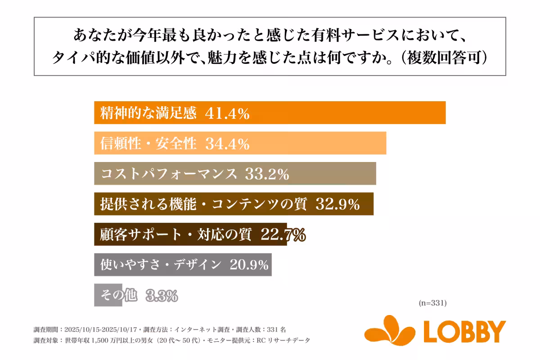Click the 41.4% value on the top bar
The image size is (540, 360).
point(227,113)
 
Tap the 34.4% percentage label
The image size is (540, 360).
point(227,144)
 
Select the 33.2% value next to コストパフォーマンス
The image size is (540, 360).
point(266,174)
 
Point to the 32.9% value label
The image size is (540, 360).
point(337,204)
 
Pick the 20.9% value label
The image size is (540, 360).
point(249,265)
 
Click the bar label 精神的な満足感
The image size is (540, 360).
point(148,113)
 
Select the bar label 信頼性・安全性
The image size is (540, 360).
point(148,144)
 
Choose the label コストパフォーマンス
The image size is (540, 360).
point(169,174)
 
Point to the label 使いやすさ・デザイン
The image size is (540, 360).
point(161,265)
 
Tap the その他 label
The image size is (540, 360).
point(118,296)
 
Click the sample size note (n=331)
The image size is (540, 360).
point(432,303)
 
